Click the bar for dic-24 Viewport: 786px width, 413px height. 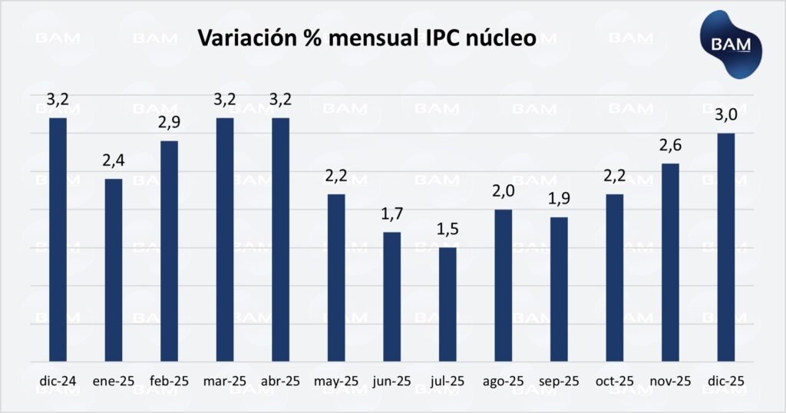point(58,239)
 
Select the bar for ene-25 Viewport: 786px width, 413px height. point(114,269)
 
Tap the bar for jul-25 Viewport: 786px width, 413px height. point(447,304)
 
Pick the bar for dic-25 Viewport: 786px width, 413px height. point(725,246)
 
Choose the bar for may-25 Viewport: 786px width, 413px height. point(336,277)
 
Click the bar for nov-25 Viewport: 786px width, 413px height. point(670,262)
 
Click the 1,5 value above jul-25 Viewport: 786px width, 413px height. point(447,231)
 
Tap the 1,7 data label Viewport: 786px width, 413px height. point(391,216)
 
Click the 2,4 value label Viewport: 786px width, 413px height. point(114,163)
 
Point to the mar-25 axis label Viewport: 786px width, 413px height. point(225,381)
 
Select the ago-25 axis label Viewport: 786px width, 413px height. point(503,381)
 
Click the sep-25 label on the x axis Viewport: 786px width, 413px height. point(559,381)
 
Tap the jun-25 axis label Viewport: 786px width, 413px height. point(391,381)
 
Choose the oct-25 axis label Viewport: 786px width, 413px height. point(614,381)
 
